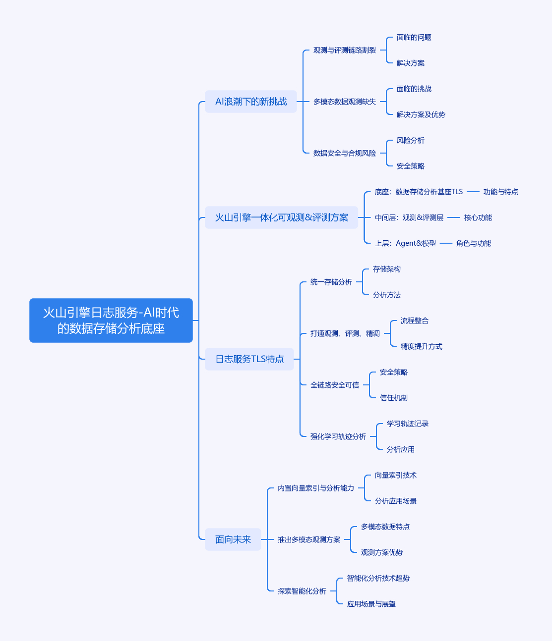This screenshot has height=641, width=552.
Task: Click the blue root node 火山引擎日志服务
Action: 111,320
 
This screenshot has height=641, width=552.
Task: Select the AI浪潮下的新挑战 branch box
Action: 250,102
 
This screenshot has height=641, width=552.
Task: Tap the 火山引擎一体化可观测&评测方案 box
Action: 281,217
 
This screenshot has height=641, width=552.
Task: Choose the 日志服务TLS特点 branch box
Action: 249,359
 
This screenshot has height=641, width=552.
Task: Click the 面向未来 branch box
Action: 233,539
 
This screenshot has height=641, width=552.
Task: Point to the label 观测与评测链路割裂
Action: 344,50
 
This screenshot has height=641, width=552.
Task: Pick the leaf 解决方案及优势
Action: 421,114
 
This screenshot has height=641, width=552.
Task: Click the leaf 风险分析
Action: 410,140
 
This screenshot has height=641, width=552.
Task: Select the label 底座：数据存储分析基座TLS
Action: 419,192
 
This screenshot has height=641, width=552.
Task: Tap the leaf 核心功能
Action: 478,217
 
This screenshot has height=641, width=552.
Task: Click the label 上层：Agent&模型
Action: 405,243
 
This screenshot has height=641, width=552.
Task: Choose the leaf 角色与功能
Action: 473,243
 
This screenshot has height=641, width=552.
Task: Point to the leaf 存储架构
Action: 386,269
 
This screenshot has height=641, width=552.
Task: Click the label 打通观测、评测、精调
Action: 345,333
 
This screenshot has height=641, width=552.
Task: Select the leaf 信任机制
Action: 393,398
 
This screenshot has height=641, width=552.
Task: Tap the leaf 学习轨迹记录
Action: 407,424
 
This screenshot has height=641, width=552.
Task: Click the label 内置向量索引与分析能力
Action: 315,488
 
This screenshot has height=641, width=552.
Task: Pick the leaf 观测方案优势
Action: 381,552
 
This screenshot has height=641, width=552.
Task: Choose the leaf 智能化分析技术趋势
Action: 378,578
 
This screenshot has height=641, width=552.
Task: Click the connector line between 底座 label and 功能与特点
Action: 473,192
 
